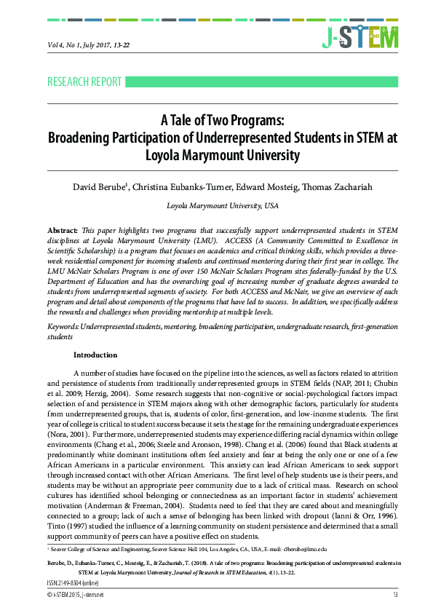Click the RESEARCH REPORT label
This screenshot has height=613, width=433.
[84, 82]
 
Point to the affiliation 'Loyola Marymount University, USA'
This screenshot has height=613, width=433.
[223, 206]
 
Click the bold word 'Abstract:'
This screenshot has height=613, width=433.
[62, 229]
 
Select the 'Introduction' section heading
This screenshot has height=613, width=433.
[95, 355]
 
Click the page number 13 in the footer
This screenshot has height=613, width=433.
[395, 596]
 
